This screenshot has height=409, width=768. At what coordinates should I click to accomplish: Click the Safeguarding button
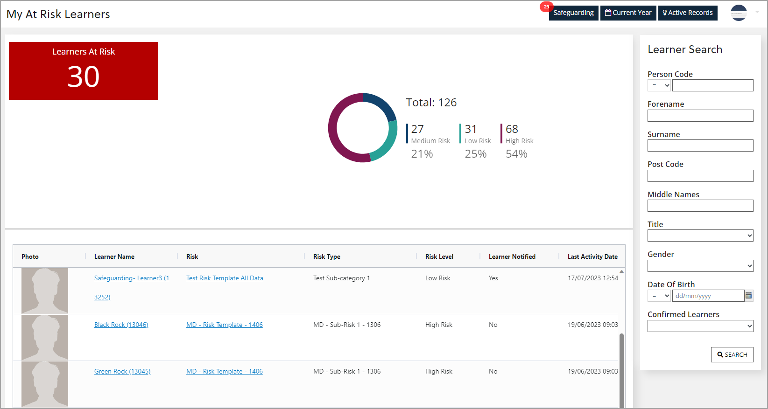pos(573,13)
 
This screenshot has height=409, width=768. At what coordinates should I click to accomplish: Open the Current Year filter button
pos(628,13)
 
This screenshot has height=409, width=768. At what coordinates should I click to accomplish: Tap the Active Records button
pos(688,13)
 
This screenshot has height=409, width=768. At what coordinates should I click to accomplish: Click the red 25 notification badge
pos(546,7)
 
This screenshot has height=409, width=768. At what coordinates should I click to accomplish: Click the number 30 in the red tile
pos(84,76)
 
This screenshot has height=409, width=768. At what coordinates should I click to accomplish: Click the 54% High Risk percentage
pos(516,154)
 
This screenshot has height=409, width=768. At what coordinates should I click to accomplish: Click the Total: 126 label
pos(431,103)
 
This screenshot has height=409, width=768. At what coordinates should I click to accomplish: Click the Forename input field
pos(700,116)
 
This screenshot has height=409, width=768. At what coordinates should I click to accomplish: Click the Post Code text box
pos(700,176)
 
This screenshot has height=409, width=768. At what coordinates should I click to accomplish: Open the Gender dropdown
pos(700,266)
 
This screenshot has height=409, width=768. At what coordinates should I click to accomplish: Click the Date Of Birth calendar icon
pos(748,296)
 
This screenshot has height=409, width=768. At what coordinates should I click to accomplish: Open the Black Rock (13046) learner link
pos(121,325)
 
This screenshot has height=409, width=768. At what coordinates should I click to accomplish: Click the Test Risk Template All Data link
pos(225,278)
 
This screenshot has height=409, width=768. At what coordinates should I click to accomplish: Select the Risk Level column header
pos(439,256)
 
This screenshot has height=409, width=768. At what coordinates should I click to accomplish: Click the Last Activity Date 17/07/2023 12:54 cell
pos(592,278)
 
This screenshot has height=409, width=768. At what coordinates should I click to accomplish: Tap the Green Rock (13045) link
pos(122,371)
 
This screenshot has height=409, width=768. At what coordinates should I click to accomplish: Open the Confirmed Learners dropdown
pos(700,326)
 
